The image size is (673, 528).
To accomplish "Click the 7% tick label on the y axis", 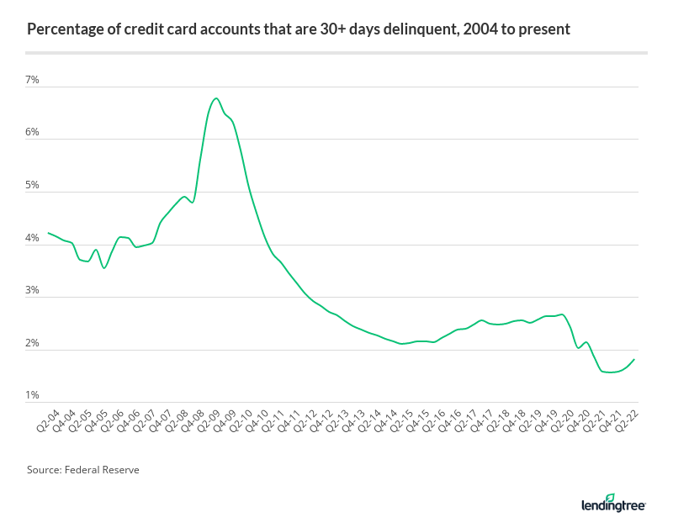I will click(x=33, y=80).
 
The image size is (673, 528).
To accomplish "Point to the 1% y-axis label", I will click(x=33, y=395).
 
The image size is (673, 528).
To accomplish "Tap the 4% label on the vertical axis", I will click(x=33, y=238).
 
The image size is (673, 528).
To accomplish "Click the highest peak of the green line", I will click(x=217, y=98).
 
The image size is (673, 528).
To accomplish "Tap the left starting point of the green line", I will click(x=48, y=233).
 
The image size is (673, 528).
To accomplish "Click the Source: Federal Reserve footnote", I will click(x=82, y=470).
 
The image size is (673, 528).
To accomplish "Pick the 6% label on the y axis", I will click(x=33, y=133).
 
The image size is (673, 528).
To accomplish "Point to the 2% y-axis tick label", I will click(x=33, y=343).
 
